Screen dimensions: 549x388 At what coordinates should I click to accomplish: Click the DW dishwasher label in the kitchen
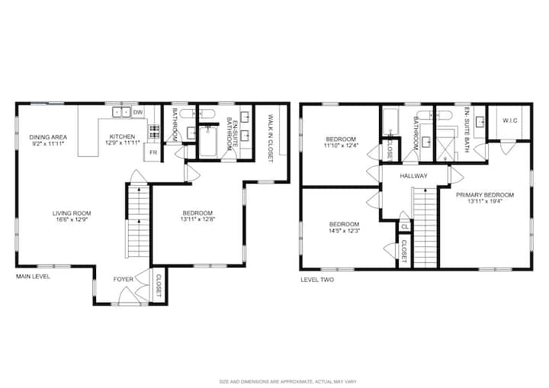point(138,112)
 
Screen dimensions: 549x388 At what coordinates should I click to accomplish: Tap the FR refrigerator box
point(153,152)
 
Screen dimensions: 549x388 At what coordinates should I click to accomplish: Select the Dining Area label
point(48,137)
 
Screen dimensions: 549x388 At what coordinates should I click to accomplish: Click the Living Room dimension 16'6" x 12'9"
point(72,220)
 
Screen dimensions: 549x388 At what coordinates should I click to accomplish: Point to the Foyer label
point(124,279)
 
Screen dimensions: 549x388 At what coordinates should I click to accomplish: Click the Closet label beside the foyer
point(158,284)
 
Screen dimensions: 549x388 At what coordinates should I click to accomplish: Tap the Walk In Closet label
point(270,138)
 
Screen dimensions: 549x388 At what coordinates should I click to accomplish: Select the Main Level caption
point(34,277)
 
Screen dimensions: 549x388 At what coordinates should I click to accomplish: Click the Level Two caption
point(317,280)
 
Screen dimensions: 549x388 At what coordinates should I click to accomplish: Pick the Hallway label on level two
point(413,176)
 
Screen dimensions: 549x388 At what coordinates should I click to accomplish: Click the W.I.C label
point(510,120)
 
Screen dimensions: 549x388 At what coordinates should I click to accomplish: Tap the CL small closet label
point(405,227)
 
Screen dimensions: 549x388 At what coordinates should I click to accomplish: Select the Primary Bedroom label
point(485,195)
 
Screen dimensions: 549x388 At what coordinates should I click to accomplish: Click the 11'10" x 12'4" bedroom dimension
point(341,145)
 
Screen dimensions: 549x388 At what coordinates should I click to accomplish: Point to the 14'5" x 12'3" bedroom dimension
point(344,231)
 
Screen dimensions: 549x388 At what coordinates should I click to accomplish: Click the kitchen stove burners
point(154,131)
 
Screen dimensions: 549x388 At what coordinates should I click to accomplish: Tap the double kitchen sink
point(121,112)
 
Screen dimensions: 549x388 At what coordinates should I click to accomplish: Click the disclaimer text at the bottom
point(287,381)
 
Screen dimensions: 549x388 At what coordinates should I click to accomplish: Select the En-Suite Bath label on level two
point(466,129)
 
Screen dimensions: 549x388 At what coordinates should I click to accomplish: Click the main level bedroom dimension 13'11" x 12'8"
point(197,220)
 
